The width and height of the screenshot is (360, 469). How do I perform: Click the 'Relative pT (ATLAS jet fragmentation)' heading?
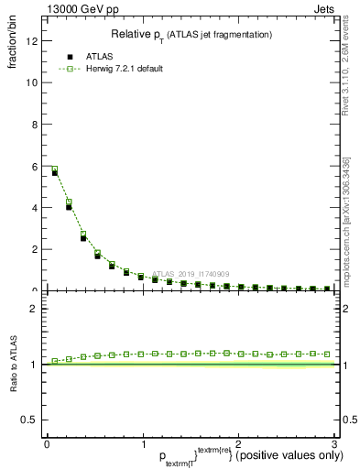click(191, 35)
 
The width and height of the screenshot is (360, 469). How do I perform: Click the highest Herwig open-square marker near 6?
click(55, 169)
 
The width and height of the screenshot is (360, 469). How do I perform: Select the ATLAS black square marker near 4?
click(69, 207)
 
